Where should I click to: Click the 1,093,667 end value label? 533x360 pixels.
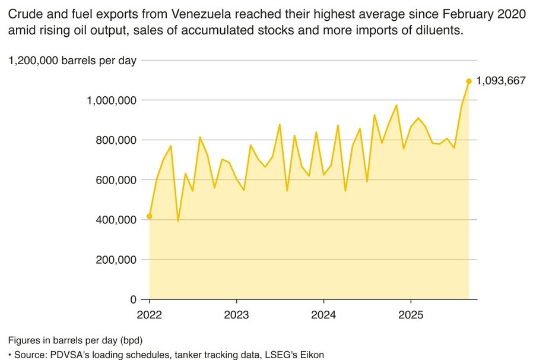point(501,81)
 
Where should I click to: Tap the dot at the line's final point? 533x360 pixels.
point(469,81)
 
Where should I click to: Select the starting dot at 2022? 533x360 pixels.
point(149,216)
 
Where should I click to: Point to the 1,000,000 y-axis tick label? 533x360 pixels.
point(112,100)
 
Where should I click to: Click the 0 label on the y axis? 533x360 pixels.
point(134,299)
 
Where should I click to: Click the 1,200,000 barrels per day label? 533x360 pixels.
point(72,60)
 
